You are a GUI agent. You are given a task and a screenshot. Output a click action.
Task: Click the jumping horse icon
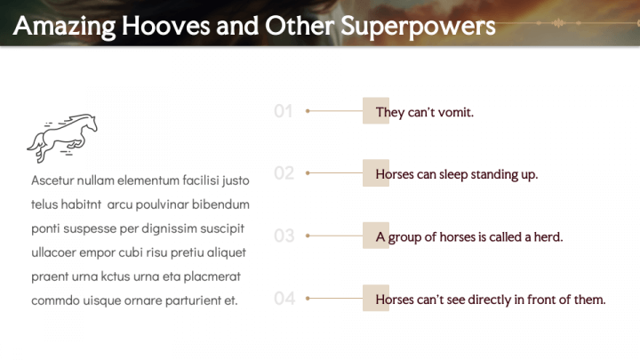pyautogui.click(x=62, y=138)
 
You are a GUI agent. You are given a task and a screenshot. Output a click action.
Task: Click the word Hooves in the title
pyautogui.click(x=165, y=26)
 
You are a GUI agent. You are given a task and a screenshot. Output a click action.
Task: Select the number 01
pyautogui.click(x=284, y=111)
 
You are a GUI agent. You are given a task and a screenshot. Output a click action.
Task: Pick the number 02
pyautogui.click(x=284, y=173)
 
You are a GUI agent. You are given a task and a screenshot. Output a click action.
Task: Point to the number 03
pyautogui.click(x=284, y=236)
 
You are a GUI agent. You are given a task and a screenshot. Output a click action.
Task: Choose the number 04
pyautogui.click(x=284, y=299)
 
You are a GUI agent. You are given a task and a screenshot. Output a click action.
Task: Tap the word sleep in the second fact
pyautogui.click(x=453, y=175)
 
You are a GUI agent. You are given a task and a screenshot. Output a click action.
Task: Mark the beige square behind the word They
pyautogui.click(x=376, y=110)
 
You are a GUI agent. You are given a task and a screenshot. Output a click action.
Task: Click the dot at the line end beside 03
pyautogui.click(x=308, y=236)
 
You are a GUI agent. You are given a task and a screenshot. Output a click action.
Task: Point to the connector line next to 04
pyautogui.click(x=335, y=299)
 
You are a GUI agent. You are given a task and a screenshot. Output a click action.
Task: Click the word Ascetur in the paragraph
pyautogui.click(x=52, y=180)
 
